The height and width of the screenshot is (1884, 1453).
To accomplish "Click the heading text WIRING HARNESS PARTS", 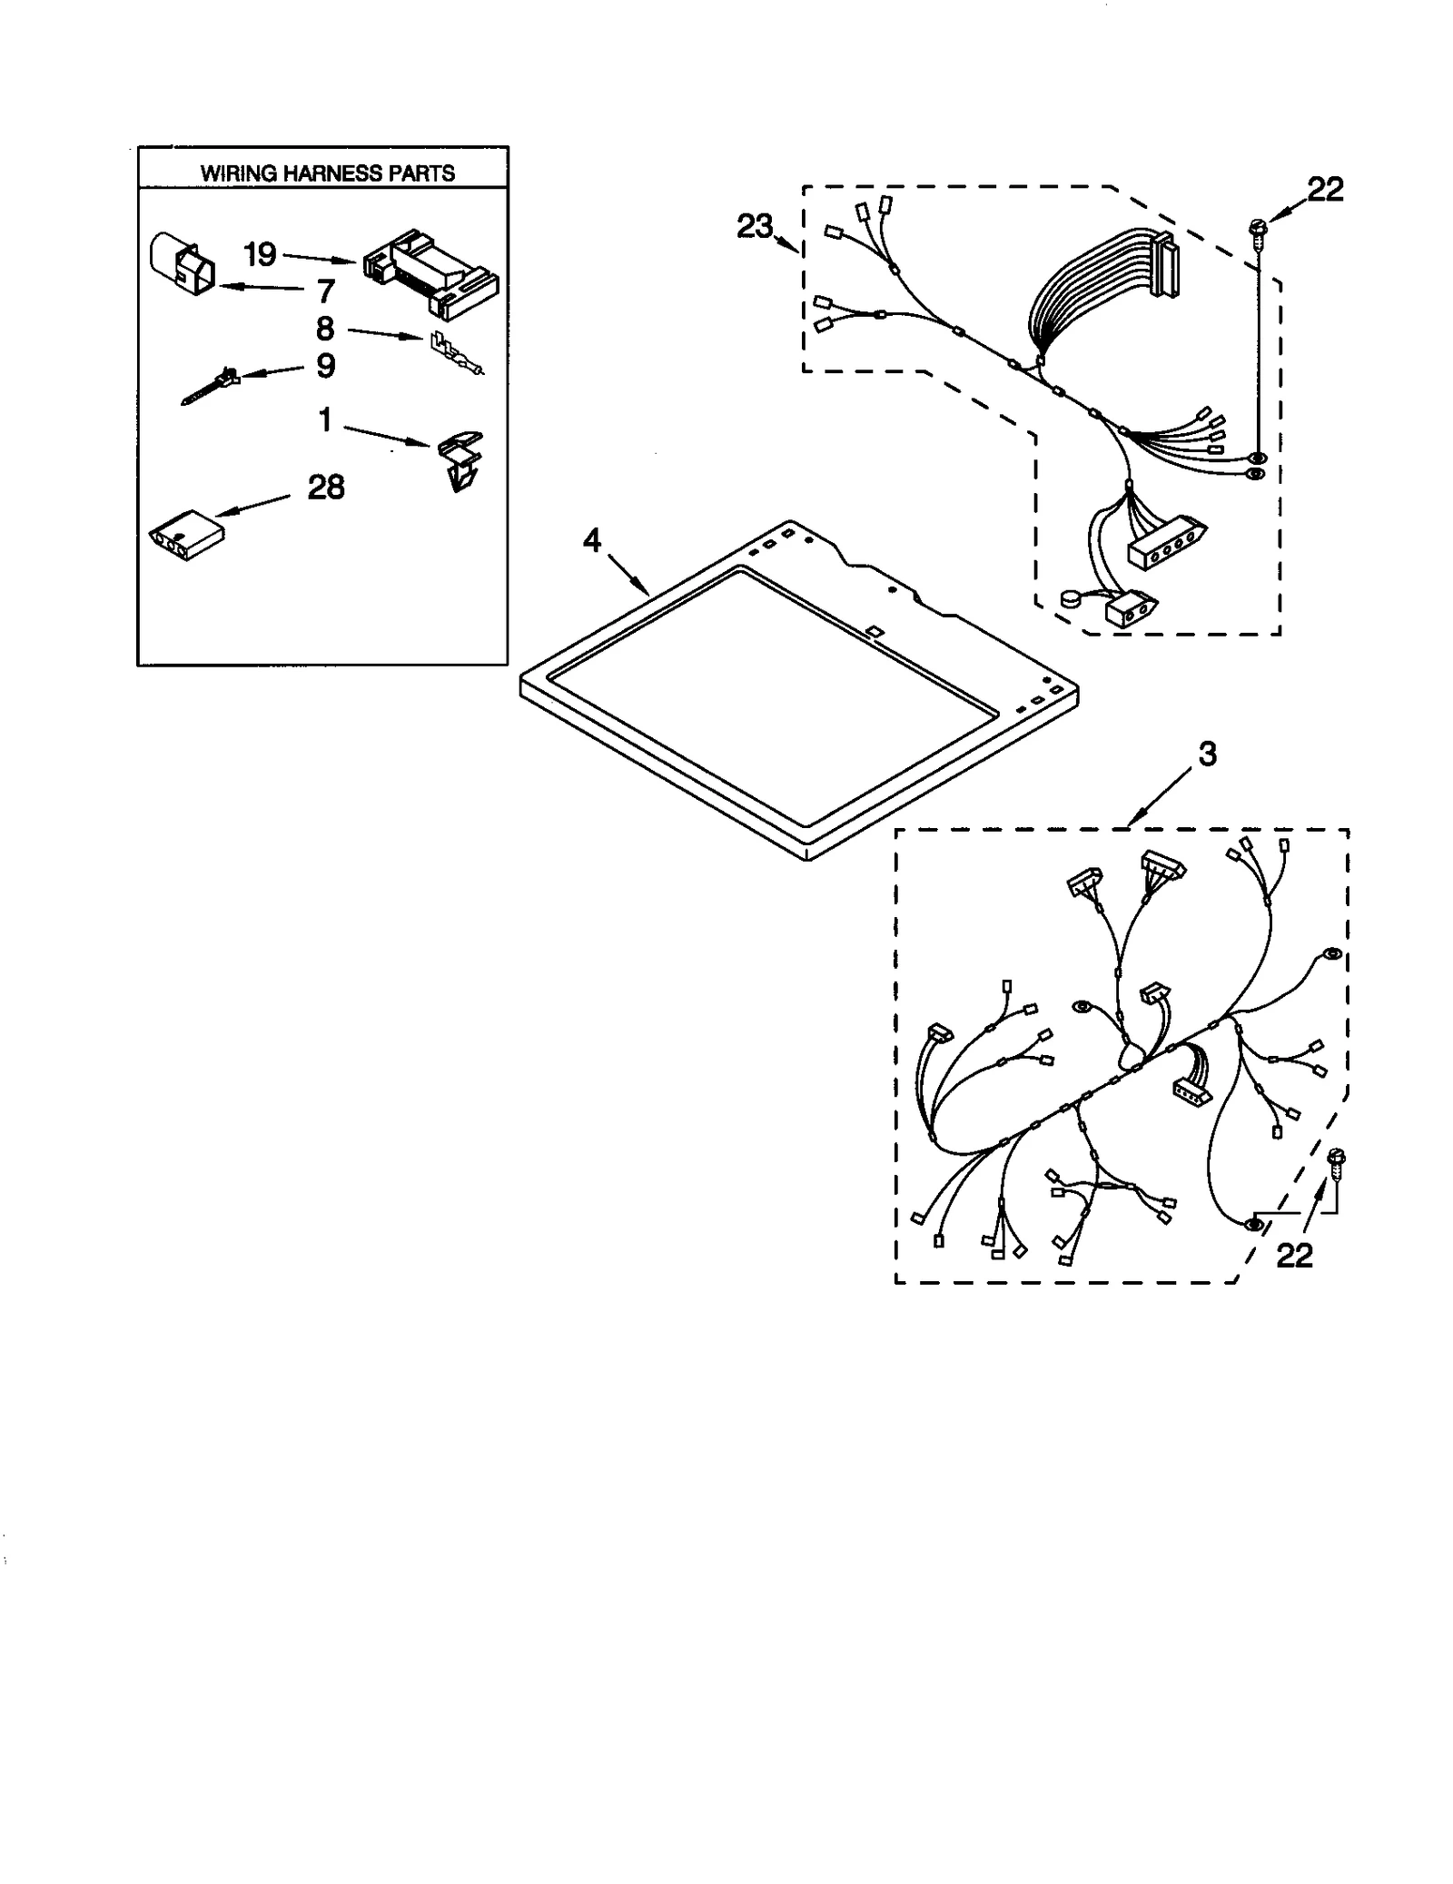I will coord(327,173).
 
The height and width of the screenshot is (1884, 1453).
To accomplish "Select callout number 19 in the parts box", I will coord(260,255).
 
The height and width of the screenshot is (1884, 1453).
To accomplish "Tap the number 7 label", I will coord(325,291).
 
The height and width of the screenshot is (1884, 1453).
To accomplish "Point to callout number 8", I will coord(324,329).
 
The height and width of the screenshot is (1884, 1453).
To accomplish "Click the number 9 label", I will coord(325,366).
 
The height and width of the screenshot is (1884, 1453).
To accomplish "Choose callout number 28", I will coord(325,488).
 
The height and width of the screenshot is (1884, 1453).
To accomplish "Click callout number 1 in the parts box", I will coord(324,420).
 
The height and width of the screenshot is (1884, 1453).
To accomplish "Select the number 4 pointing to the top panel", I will coord(591,541).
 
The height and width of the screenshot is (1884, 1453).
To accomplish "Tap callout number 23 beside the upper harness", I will coord(755,226).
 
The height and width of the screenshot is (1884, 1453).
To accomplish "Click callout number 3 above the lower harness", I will coord(1207,754).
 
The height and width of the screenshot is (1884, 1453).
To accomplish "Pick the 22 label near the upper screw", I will coord(1324,189).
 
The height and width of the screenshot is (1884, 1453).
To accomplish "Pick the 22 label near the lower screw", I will coord(1294,1256).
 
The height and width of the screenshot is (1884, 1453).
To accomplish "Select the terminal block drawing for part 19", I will coord(430,273).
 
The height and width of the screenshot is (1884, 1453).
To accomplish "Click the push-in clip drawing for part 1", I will coord(461,460).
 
